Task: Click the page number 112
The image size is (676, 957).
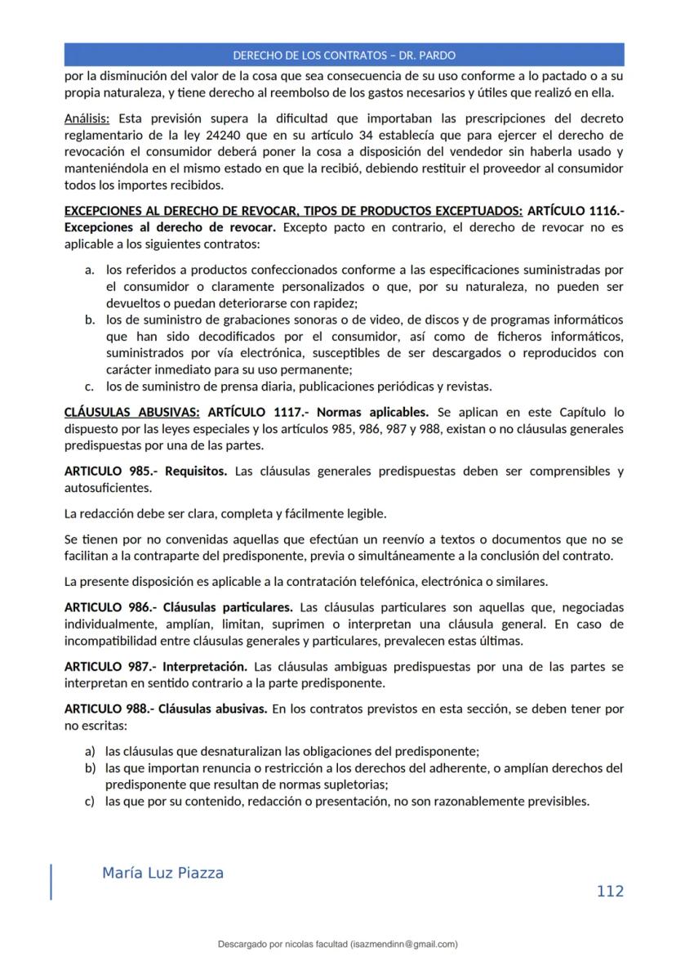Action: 610,891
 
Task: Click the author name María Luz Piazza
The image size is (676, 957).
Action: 162,873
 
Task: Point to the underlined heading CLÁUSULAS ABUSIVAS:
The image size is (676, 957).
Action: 131,412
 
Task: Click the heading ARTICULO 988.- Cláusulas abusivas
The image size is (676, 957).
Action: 165,709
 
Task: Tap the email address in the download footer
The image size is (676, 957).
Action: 403,944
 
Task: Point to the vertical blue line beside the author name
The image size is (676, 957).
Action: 51,882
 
